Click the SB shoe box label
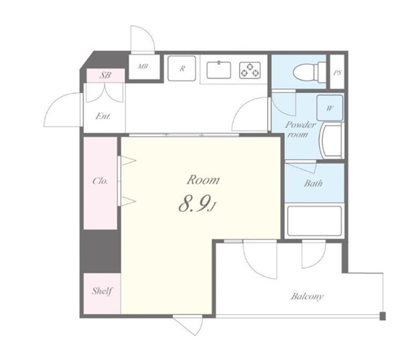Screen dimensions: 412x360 pos(105,75)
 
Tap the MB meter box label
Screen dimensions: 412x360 pos(143,66)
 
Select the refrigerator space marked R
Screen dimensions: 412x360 pos(182,68)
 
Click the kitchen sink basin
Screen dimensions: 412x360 pos(219,70)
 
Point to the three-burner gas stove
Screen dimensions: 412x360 pos(250,71)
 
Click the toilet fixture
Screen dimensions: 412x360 pos(310,71)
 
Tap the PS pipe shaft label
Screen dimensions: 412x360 pos(337,73)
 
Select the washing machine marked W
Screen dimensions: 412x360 pos(330,108)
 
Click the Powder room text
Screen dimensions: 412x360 pos(300,129)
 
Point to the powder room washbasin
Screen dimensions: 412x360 pos(331,141)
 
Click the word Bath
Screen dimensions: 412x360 pos(313,183)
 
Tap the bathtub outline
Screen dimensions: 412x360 pos(314,221)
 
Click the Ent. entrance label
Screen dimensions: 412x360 pos(103,116)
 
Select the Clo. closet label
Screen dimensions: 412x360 pos(100,181)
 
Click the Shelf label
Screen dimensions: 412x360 pos(102,291)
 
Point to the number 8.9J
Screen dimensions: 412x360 pos(197,204)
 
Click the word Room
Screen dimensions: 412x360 pos(203,180)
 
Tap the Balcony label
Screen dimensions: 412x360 pos(307,297)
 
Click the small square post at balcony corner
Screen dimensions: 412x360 pos(383,316)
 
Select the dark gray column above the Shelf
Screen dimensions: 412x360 pos(100,251)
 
